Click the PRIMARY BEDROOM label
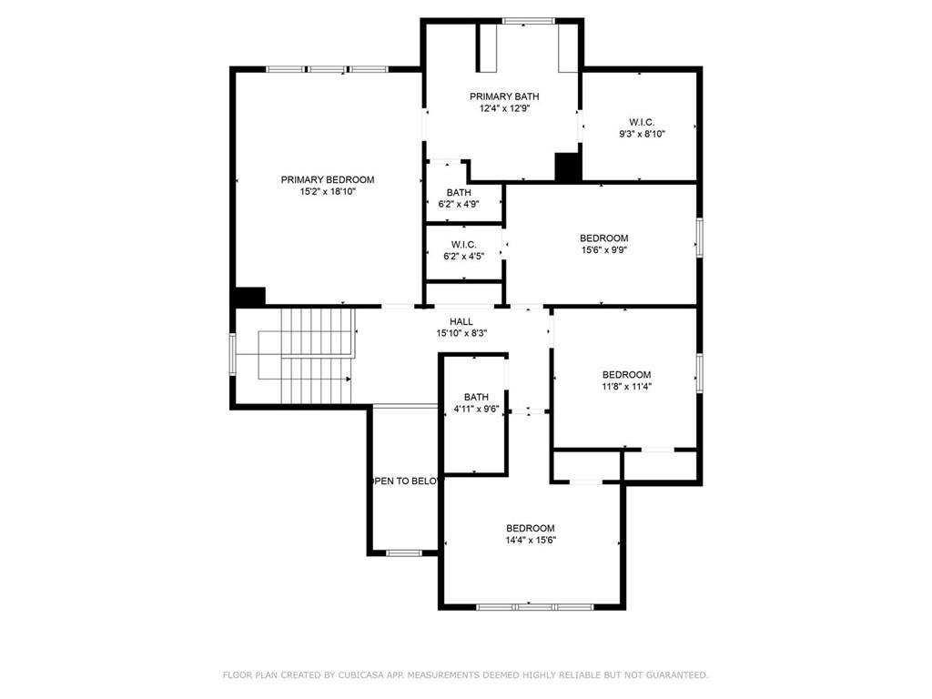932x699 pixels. pos(328,179)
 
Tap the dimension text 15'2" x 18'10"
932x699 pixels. pos(328,191)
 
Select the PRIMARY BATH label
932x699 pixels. pos(504,96)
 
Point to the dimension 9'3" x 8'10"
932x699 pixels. pos(642,134)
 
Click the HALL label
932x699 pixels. pos(461,321)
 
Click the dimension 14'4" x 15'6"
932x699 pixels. pos(531,540)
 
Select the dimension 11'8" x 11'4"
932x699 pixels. pos(626,386)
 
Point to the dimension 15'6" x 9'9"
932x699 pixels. pos(604,249)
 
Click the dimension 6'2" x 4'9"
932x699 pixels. pos(459,204)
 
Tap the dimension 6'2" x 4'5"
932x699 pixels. pos(463,256)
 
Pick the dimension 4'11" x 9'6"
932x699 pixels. pos(476,409)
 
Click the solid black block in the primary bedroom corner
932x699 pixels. pos(250,297)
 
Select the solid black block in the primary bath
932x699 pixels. pos(568,167)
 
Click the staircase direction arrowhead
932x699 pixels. pos(349,379)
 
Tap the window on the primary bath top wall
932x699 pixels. pos(529,22)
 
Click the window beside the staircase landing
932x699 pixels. pos(233,354)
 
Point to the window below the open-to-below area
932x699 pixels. pos(404,552)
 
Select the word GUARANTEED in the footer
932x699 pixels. pos(677,674)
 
